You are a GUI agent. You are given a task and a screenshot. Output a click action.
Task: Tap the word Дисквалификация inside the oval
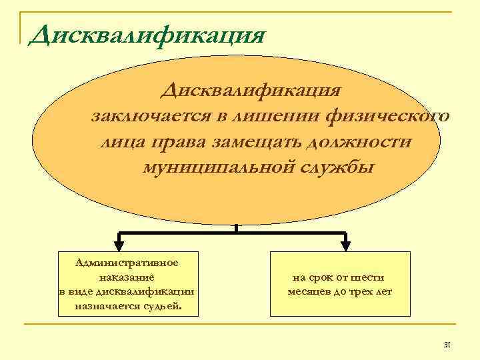pos(255,90)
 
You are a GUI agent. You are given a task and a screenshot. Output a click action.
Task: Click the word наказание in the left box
pos(127,277)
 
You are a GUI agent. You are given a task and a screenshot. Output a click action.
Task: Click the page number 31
pos(447,345)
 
